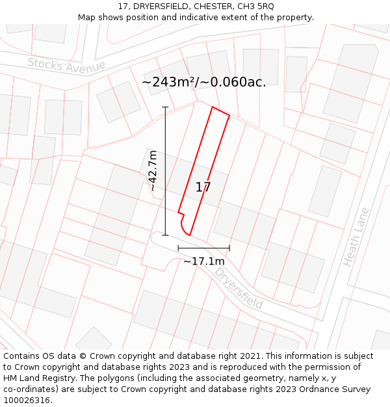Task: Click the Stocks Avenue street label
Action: tap(66, 65)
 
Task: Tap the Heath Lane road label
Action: tap(356, 236)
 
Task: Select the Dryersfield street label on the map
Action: tap(239, 287)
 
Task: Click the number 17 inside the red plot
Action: tap(203, 188)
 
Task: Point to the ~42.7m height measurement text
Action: tap(152, 171)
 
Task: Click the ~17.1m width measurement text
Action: tap(203, 261)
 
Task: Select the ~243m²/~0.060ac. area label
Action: tap(203, 82)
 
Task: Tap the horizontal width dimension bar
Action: tap(203, 248)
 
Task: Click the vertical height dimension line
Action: tap(165, 171)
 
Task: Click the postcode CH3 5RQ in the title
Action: tap(256, 6)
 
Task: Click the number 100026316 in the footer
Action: tap(27, 400)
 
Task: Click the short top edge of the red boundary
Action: tap(221, 112)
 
